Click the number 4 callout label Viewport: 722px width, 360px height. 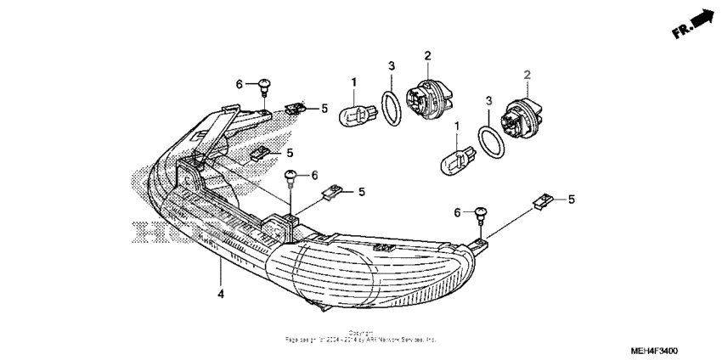click(220, 294)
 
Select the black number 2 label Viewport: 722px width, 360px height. click(426, 56)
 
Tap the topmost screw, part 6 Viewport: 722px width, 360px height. click(265, 86)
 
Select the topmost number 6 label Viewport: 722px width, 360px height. click(240, 83)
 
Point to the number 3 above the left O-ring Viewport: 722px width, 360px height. click(390, 66)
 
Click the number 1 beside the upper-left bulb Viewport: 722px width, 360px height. click(353, 81)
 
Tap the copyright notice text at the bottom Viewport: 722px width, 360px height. click(362, 336)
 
